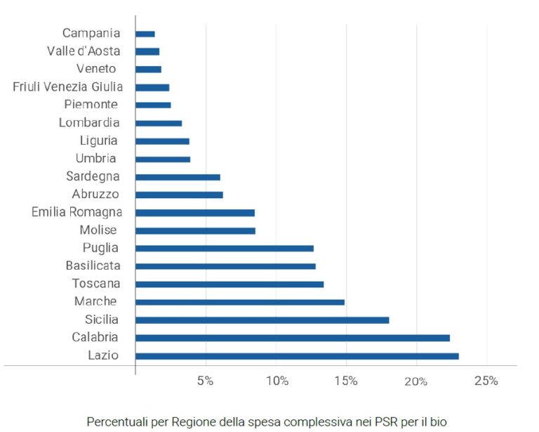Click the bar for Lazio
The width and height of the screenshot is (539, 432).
pyautogui.click(x=297, y=356)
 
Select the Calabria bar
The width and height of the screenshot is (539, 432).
pyautogui.click(x=293, y=338)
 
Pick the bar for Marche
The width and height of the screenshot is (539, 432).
pyautogui.click(x=240, y=302)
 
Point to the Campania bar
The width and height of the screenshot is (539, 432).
pyautogui.click(x=145, y=34)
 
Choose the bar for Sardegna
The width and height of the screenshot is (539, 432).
pyautogui.click(x=178, y=177)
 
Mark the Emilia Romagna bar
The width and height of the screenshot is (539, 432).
pyautogui.click(x=195, y=212)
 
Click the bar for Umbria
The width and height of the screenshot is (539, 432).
pyautogui.click(x=163, y=159)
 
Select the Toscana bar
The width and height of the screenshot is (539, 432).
pyautogui.click(x=229, y=284)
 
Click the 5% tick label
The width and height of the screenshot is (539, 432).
pyautogui.click(x=205, y=381)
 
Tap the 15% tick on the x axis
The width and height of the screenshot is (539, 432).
pyautogui.click(x=346, y=381)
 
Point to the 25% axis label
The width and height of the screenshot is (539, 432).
pyautogui.click(x=486, y=381)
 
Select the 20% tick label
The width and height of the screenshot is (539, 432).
pyautogui.click(x=416, y=381)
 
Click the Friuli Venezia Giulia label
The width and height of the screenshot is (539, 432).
pyautogui.click(x=67, y=87)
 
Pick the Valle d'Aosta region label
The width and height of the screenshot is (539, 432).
pyautogui.click(x=84, y=51)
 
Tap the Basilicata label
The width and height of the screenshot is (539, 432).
pyautogui.click(x=93, y=266)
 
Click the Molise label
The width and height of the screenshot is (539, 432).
pyautogui.click(x=98, y=230)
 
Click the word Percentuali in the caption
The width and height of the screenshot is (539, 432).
pyautogui.click(x=117, y=421)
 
